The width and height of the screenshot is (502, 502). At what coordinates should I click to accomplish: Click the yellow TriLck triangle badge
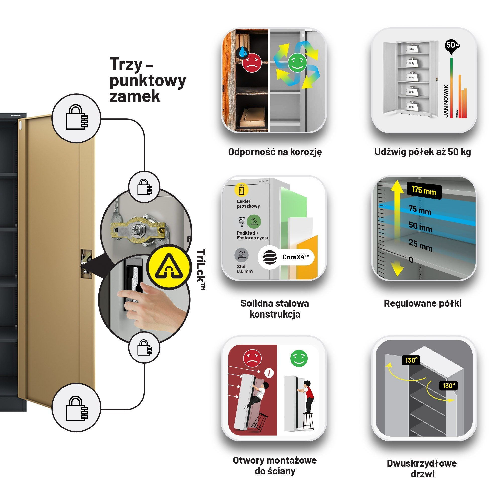[169, 267]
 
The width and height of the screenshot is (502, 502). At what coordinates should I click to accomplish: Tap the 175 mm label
[424, 191]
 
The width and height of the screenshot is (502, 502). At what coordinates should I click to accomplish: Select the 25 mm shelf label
[420, 245]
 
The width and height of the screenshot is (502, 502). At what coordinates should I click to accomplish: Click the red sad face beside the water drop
[252, 62]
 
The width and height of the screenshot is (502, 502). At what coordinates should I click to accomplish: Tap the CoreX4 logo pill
[286, 257]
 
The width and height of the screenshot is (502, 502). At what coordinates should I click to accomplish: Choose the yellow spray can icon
[241, 190]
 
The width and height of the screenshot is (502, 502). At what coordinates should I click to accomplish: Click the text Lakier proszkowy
[248, 204]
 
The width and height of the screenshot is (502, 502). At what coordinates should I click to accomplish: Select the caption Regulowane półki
[422, 303]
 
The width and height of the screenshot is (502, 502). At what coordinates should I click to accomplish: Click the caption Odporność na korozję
[275, 152]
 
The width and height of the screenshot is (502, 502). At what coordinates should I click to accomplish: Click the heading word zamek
[135, 96]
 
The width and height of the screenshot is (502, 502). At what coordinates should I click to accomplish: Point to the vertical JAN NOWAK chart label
[446, 101]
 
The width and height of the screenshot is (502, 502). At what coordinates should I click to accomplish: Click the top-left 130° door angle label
[411, 360]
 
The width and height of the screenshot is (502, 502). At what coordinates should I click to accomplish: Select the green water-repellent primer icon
[254, 221]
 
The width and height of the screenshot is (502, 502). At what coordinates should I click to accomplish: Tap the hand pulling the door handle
[151, 307]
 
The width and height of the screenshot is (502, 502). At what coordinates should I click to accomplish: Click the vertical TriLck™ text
[201, 269]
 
